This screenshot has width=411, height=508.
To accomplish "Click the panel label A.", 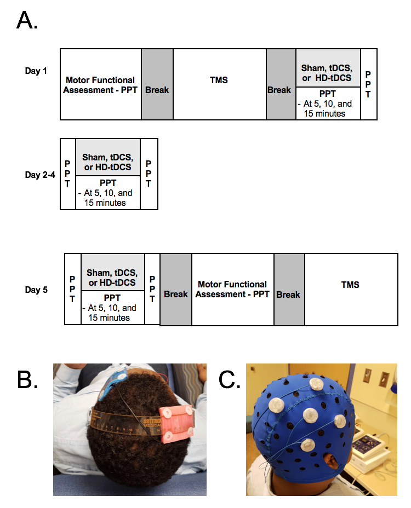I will pos(27,20).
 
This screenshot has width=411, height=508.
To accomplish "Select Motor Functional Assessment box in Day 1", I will pos(100,84).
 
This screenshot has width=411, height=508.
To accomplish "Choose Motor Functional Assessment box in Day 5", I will pos(232,289).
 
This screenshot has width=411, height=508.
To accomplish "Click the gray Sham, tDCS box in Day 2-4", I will pos(108,157).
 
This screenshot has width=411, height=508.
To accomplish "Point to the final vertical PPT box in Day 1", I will pos(369,84).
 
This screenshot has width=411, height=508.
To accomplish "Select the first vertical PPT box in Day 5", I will pos(72,288).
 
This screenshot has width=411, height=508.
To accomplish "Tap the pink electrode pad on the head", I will pos(175,424).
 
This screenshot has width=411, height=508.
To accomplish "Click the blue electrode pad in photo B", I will pos(117,382).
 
